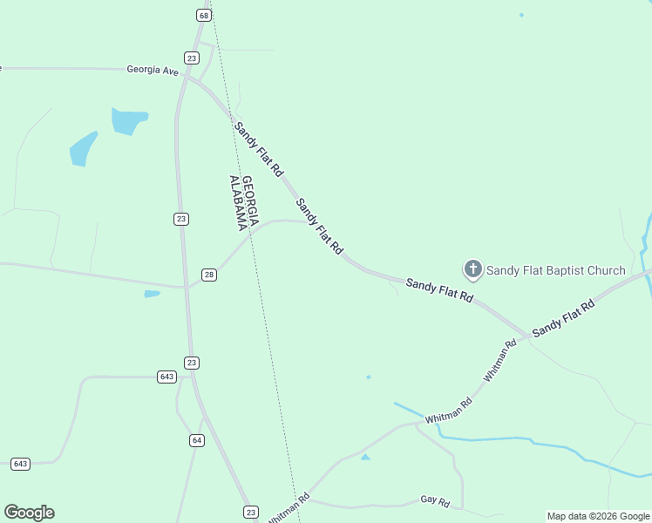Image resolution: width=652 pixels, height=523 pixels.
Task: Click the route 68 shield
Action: (203, 16)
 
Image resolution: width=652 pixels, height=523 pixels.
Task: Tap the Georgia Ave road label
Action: (152, 70)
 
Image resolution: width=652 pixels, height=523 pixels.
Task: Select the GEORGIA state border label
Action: (249, 202)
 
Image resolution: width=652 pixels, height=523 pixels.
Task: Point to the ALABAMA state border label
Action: (235, 202)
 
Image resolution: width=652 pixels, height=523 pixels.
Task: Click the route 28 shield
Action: (208, 275)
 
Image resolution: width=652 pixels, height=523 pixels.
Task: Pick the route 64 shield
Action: (197, 440)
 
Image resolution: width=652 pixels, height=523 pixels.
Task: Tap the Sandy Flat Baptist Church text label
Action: (555, 270)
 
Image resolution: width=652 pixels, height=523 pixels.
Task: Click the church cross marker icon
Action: (472, 269)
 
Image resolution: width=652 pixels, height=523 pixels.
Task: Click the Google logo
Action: (29, 513)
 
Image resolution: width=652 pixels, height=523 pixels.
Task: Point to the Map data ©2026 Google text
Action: (597, 516)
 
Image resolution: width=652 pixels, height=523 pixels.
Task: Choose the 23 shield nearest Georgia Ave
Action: (192, 58)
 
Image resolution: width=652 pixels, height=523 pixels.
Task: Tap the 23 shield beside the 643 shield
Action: (192, 363)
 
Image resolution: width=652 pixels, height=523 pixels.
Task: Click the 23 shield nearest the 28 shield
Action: (180, 219)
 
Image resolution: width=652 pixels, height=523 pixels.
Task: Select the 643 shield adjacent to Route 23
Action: (166, 377)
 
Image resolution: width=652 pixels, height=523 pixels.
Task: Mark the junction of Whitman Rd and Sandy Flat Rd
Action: (527, 335)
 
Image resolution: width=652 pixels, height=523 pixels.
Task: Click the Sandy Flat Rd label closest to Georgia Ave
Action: (258, 149)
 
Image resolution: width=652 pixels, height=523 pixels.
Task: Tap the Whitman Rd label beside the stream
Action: (449, 411)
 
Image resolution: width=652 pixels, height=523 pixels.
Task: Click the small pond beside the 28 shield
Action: (152, 294)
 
